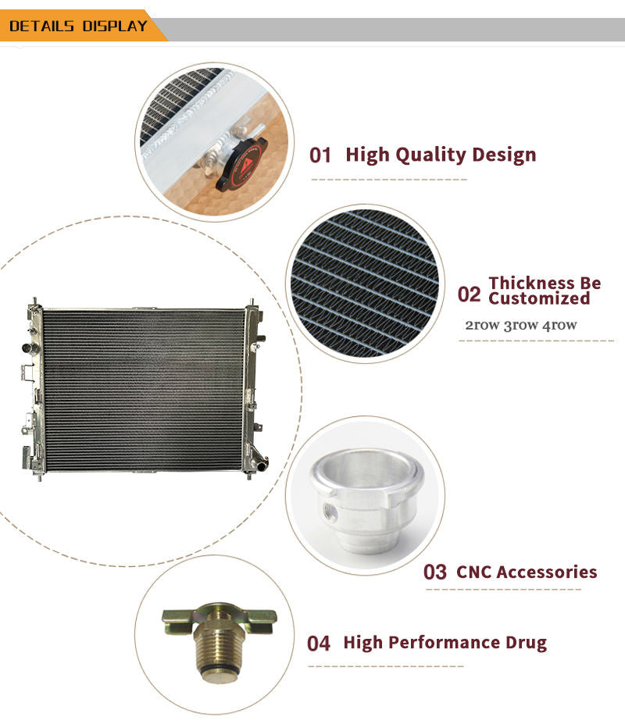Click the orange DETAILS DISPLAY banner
pyautogui.click(x=79, y=26)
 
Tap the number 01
pyautogui.click(x=320, y=155)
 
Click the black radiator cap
pyautogui.click(x=241, y=164)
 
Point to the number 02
pyautogui.click(x=469, y=294)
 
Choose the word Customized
pyautogui.click(x=539, y=298)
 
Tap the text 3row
pyautogui.click(x=520, y=325)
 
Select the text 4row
pyautogui.click(x=559, y=325)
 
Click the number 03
pyautogui.click(x=434, y=572)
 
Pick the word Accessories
pyautogui.click(x=551, y=572)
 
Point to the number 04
pyautogui.click(x=318, y=644)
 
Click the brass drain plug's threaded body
pyautogui.click(x=218, y=647)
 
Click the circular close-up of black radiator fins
pyautogui.click(x=365, y=283)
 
